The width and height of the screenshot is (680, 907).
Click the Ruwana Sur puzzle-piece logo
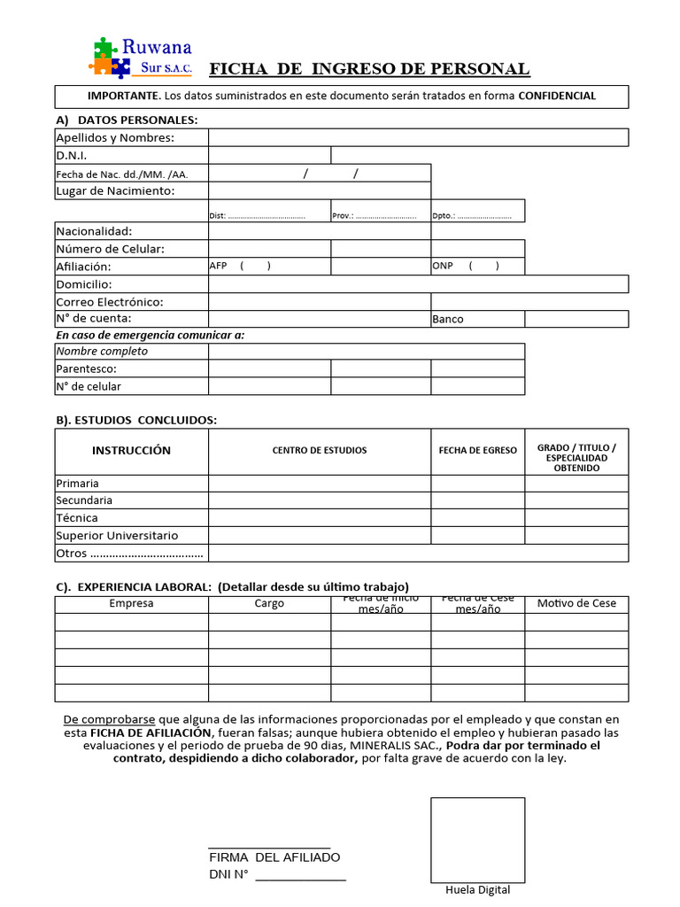(104, 56)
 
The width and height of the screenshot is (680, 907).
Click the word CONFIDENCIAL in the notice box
(557, 96)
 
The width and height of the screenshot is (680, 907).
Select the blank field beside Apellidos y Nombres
(418, 137)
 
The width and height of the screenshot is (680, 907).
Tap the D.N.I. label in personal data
(72, 155)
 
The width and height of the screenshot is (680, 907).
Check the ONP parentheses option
(483, 266)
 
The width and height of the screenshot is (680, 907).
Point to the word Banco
(448, 319)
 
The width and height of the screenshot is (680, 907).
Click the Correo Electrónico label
(110, 301)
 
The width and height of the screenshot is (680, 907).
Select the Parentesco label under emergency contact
(87, 368)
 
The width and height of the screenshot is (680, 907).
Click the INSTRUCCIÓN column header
(131, 451)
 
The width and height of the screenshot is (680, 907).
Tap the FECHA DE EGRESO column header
(477, 451)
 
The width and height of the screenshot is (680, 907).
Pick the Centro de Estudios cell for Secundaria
(320, 500)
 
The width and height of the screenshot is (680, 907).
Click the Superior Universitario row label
(117, 535)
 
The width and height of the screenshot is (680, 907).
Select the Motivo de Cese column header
(576, 603)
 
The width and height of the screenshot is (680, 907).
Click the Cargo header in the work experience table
(269, 603)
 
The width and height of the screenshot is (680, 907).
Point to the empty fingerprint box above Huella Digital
(477, 839)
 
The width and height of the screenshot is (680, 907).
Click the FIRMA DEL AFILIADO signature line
(269, 848)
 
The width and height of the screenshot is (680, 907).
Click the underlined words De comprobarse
(110, 719)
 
